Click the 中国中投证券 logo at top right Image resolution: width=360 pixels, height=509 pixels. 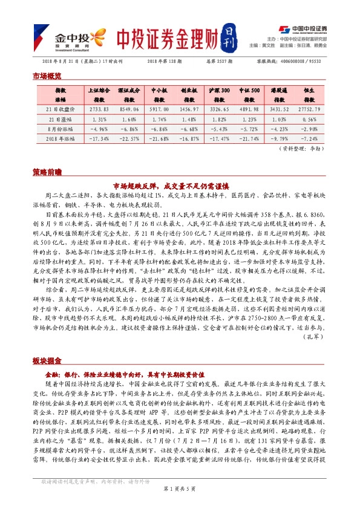(x=304, y=28)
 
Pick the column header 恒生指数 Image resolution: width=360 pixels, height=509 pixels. (x=310, y=95)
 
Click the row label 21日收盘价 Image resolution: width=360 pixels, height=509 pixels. (x=61, y=109)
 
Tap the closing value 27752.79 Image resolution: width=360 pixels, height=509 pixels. (x=310, y=109)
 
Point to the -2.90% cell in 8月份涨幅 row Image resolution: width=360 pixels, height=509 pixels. (x=310, y=129)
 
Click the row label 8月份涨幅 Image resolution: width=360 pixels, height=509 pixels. (x=61, y=129)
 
